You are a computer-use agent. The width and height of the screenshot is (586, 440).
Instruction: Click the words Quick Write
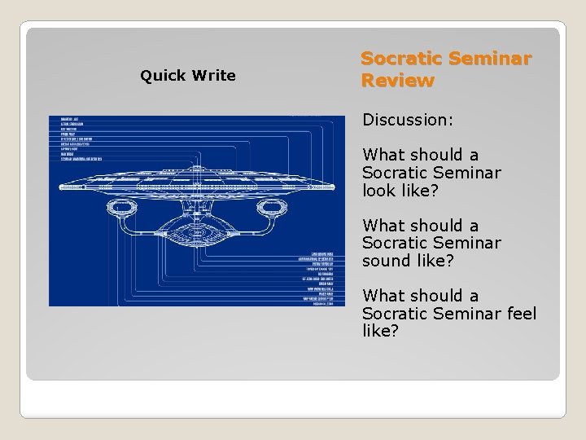[187, 76]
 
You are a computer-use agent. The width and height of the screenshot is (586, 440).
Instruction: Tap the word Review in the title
[397, 81]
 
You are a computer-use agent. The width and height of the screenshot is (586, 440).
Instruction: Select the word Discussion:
[408, 120]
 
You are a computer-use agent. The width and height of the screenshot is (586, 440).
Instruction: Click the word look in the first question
[382, 190]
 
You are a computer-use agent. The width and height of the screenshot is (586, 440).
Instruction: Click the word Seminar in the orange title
[490, 59]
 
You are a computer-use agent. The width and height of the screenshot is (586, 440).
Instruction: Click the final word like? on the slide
[380, 332]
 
